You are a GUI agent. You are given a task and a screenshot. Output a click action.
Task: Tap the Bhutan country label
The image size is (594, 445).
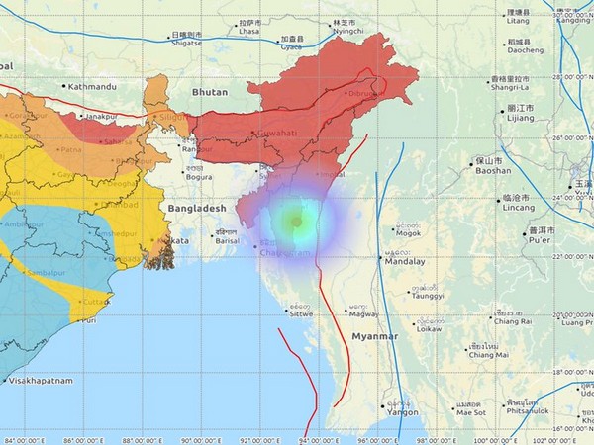(209, 92)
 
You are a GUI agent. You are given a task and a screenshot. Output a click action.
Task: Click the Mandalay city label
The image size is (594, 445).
(404, 262)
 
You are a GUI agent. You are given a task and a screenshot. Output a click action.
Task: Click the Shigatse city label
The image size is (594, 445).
(188, 43)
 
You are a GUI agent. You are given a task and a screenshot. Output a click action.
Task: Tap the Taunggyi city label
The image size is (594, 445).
(427, 295)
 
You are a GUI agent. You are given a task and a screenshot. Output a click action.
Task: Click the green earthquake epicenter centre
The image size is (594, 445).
(296, 222)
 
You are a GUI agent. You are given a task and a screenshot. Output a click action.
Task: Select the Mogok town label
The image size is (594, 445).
(407, 233)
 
